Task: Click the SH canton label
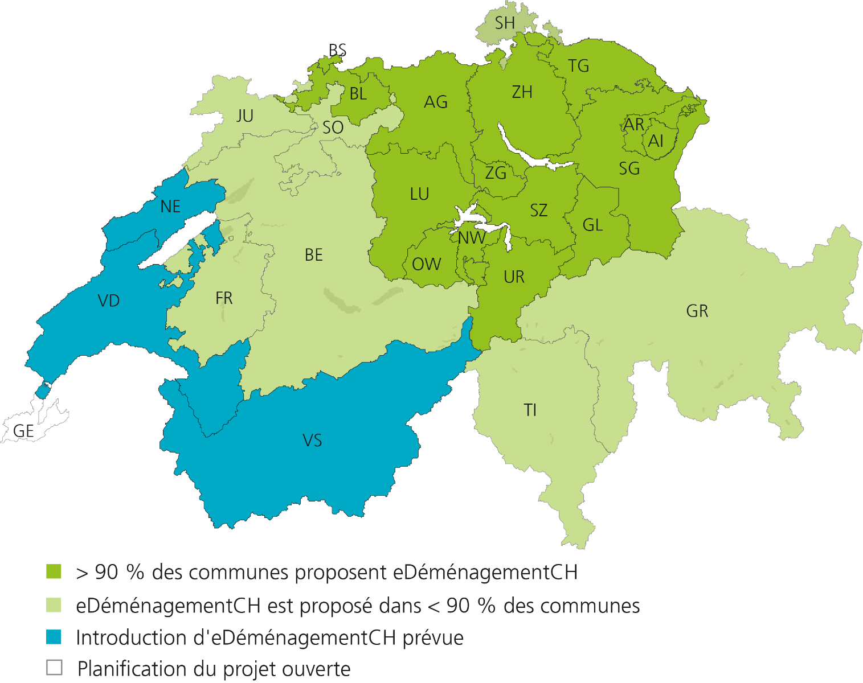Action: click(505, 23)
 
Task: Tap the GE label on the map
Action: click(23, 431)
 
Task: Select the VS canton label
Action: click(312, 441)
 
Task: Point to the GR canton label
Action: click(697, 311)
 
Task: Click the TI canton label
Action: click(530, 410)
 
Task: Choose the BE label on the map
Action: click(314, 255)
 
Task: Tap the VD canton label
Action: click(109, 301)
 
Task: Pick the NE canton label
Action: click(170, 207)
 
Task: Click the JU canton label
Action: click(245, 116)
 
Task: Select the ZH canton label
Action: click(522, 92)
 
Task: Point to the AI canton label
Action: click(656, 141)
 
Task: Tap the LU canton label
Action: click(419, 194)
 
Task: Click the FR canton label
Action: click(224, 298)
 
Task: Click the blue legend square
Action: click(54, 637)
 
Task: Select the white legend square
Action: click(54, 668)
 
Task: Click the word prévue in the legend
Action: click(433, 638)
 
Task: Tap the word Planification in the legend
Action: click(132, 669)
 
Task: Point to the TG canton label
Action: click(578, 67)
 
